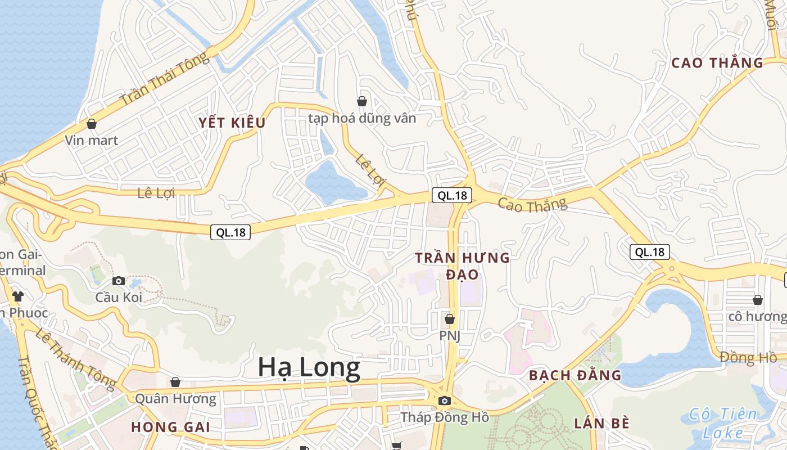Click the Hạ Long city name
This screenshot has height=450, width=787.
click(x=309, y=367)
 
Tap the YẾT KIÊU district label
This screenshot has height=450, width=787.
click(x=232, y=123)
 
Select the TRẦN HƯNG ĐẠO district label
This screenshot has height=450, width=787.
click(x=462, y=266)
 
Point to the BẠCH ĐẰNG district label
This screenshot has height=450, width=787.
click(x=575, y=375)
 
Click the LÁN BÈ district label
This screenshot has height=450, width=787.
click(x=601, y=424)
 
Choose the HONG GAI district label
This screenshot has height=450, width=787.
click(x=171, y=427)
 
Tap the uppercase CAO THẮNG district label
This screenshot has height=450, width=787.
click(x=717, y=62)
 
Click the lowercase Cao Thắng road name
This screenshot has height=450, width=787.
click(x=532, y=205)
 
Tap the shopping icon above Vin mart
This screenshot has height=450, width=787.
click(x=91, y=124)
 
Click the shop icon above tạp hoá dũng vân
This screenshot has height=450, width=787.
click(x=362, y=101)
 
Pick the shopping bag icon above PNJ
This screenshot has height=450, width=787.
click(x=449, y=319)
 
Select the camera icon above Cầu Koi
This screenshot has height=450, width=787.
click(x=119, y=281)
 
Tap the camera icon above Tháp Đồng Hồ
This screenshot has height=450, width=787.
click(x=445, y=400)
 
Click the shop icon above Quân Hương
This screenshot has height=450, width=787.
click(x=175, y=382)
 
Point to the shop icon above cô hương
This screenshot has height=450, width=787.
click(x=758, y=299)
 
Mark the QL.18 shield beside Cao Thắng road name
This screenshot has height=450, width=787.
click(x=452, y=195)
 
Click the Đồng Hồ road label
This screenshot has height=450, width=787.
click(x=748, y=357)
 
